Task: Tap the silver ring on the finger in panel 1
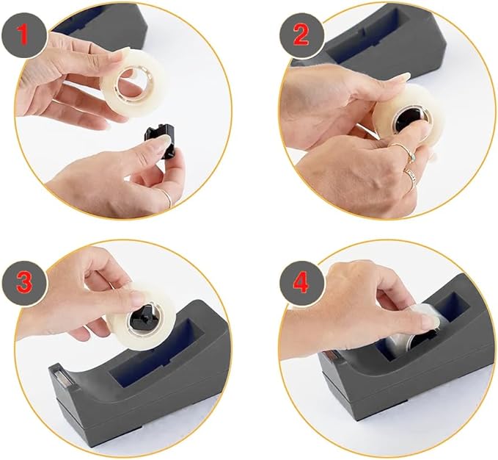(166, 195)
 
